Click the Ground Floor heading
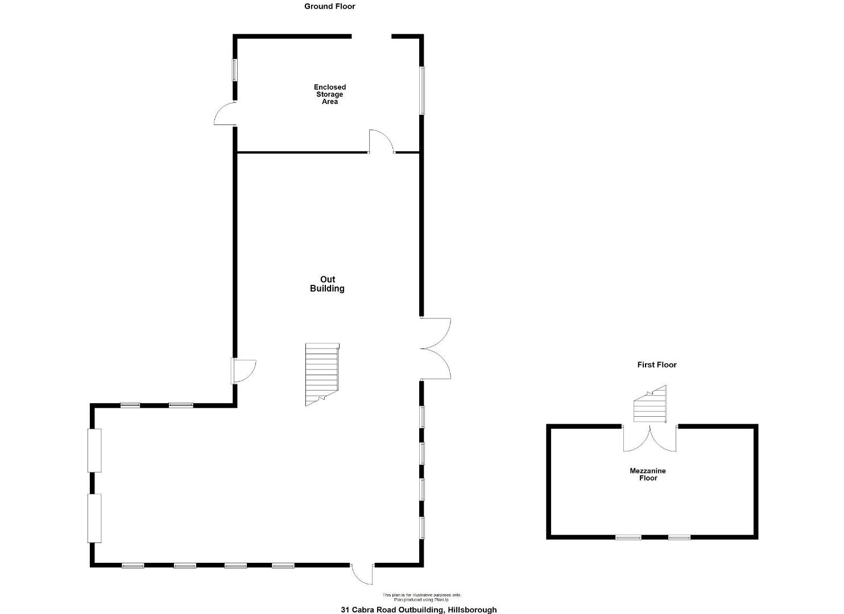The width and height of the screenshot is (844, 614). click(x=330, y=6)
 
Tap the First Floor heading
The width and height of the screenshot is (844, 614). click(x=657, y=364)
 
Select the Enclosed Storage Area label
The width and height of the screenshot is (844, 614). click(x=330, y=94)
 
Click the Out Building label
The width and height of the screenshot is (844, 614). click(x=327, y=284)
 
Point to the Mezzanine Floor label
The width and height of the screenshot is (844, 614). click(x=648, y=474)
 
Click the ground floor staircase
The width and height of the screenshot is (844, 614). click(x=322, y=375)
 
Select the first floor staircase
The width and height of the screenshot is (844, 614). click(x=650, y=404)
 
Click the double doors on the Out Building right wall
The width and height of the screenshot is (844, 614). click(x=436, y=349)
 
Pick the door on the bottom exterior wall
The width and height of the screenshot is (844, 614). click(x=362, y=574)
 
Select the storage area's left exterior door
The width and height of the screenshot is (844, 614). click(x=225, y=113)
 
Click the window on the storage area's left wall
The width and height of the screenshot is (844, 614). click(x=234, y=70)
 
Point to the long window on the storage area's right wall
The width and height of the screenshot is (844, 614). click(x=421, y=90)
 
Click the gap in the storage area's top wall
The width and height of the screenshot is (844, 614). click(x=371, y=36)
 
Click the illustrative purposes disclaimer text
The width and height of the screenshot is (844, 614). click(x=421, y=595)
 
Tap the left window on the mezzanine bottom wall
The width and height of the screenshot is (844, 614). click(x=628, y=537)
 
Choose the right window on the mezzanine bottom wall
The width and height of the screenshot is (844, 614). click(x=679, y=537)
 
